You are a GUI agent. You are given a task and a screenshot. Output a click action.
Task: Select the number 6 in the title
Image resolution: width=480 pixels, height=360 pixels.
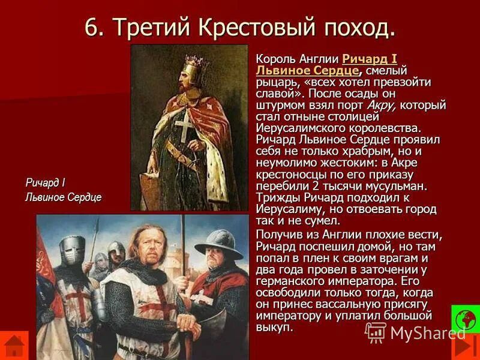pos(91,27)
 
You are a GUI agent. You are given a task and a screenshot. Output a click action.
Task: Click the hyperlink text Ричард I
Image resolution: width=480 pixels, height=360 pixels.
pos(370,59)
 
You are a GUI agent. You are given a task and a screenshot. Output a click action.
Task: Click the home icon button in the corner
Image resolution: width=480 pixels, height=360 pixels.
pos(14,346)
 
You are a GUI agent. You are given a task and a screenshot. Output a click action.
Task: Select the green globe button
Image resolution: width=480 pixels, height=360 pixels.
pos(466,319)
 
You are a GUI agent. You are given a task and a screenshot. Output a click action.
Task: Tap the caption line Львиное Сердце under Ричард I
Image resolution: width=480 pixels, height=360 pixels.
pos(63,197)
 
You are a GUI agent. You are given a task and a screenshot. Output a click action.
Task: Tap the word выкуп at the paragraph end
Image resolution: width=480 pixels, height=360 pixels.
pos(274,327)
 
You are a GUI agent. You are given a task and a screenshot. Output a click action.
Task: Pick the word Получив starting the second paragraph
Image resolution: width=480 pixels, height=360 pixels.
pos(278,233)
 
